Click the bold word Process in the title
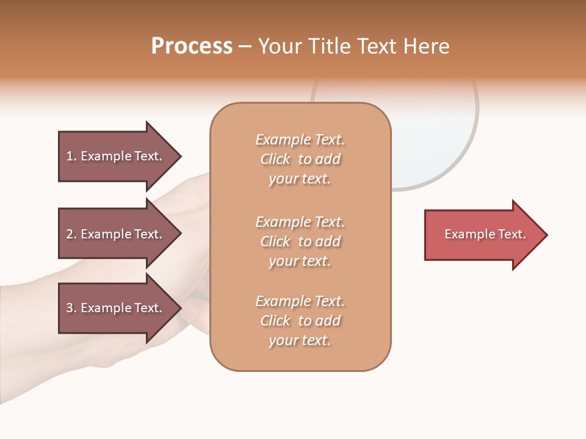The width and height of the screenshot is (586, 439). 192,46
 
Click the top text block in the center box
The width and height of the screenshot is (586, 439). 300,159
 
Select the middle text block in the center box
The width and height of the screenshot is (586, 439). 300,241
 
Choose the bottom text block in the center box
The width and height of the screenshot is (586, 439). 300,321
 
